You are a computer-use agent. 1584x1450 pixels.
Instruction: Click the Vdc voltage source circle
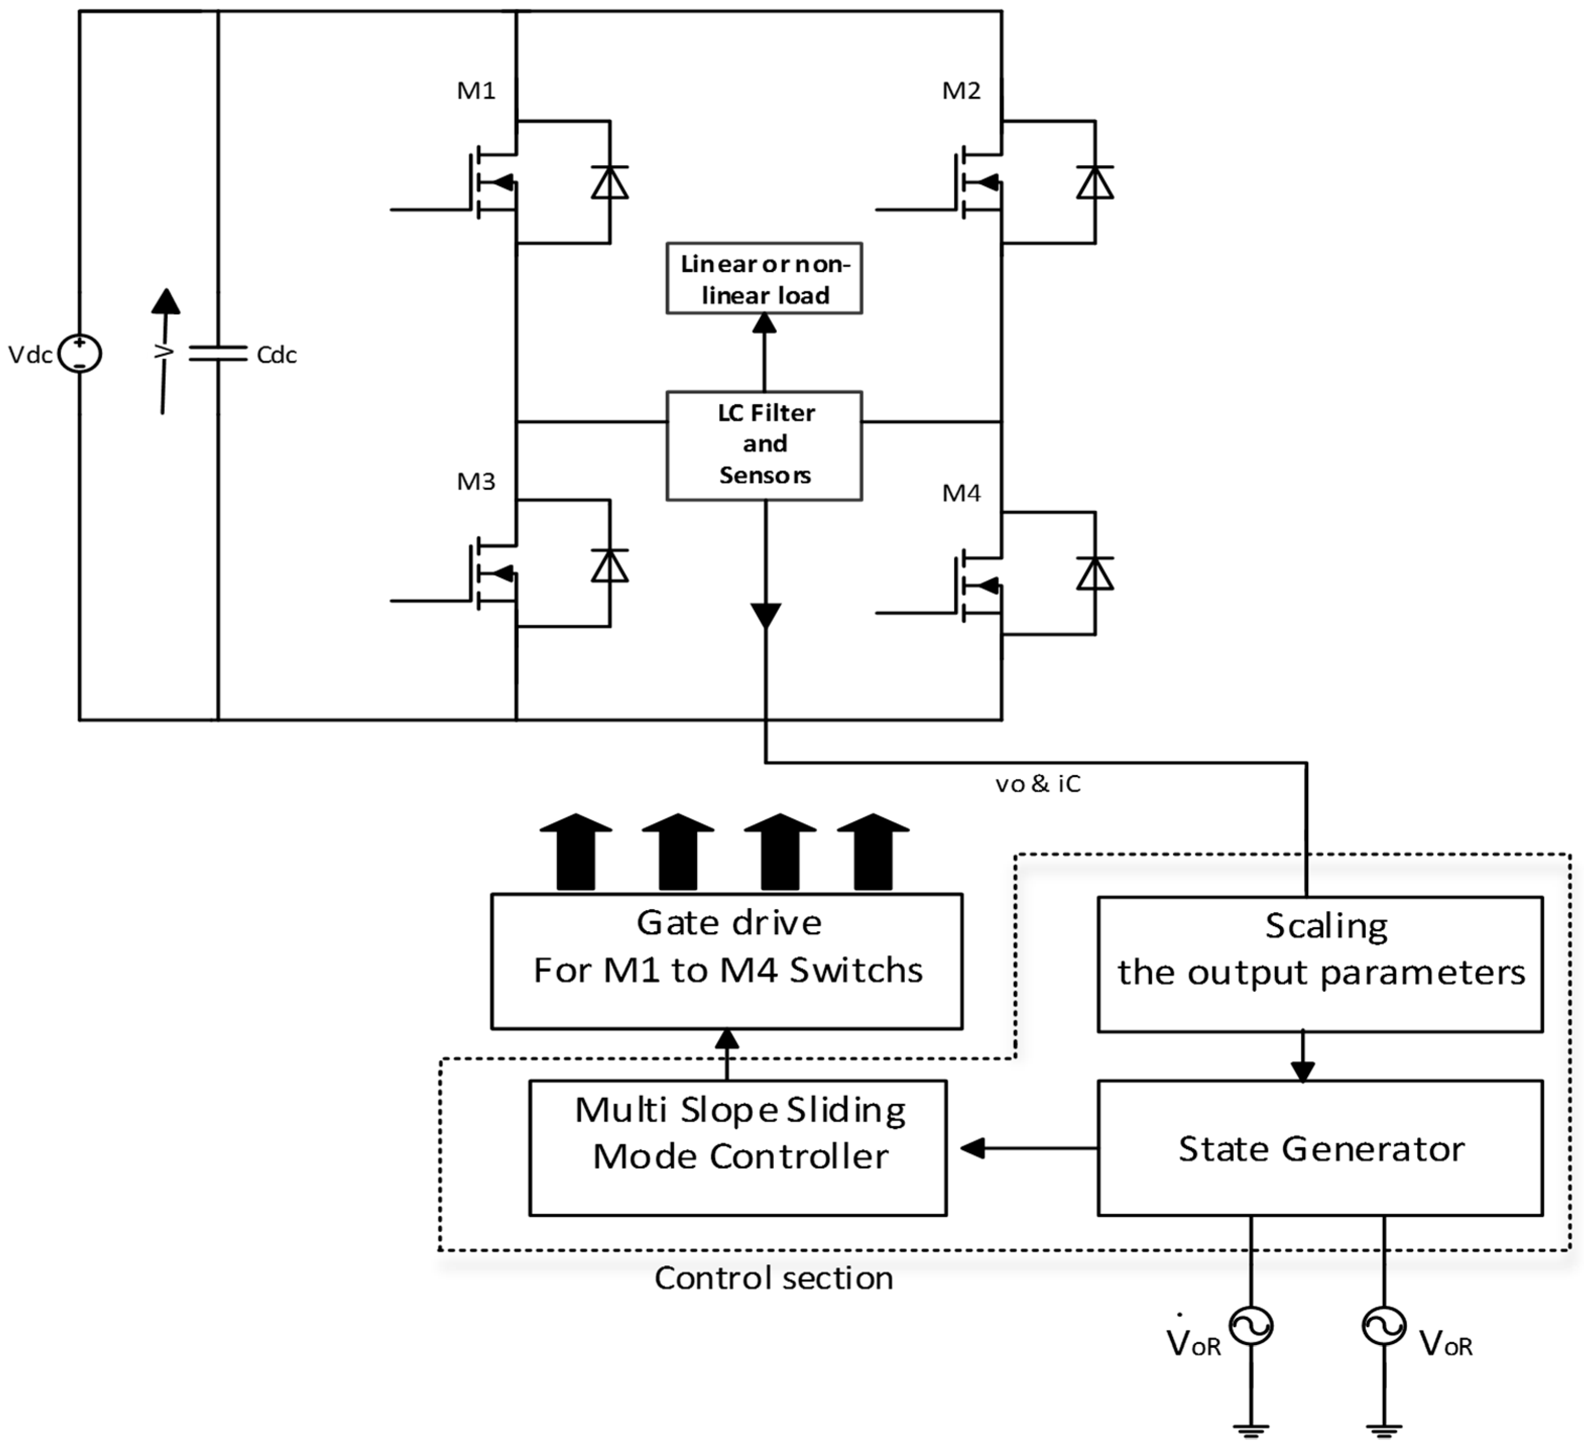point(79,353)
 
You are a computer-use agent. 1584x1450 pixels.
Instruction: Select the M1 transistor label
point(476,91)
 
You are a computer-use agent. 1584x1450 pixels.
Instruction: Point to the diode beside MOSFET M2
point(1094,183)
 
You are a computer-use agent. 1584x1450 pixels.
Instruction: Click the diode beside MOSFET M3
point(610,565)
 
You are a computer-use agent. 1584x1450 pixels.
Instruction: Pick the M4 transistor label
point(961,494)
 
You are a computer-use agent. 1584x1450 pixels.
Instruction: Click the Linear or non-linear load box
point(764,278)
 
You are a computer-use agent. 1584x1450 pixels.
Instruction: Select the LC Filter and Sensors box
point(764,445)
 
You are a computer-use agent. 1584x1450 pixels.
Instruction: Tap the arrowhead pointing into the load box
point(764,323)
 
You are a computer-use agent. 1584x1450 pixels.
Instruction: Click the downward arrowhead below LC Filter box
point(765,615)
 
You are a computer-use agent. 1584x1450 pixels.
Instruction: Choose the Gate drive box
point(727,960)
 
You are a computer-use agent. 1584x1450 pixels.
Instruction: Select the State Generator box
point(1320,1148)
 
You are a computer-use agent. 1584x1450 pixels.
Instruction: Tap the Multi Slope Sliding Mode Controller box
point(738,1147)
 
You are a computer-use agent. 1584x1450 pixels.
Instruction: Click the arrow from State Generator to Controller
point(974,1148)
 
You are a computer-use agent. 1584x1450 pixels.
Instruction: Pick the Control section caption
point(773,1279)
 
